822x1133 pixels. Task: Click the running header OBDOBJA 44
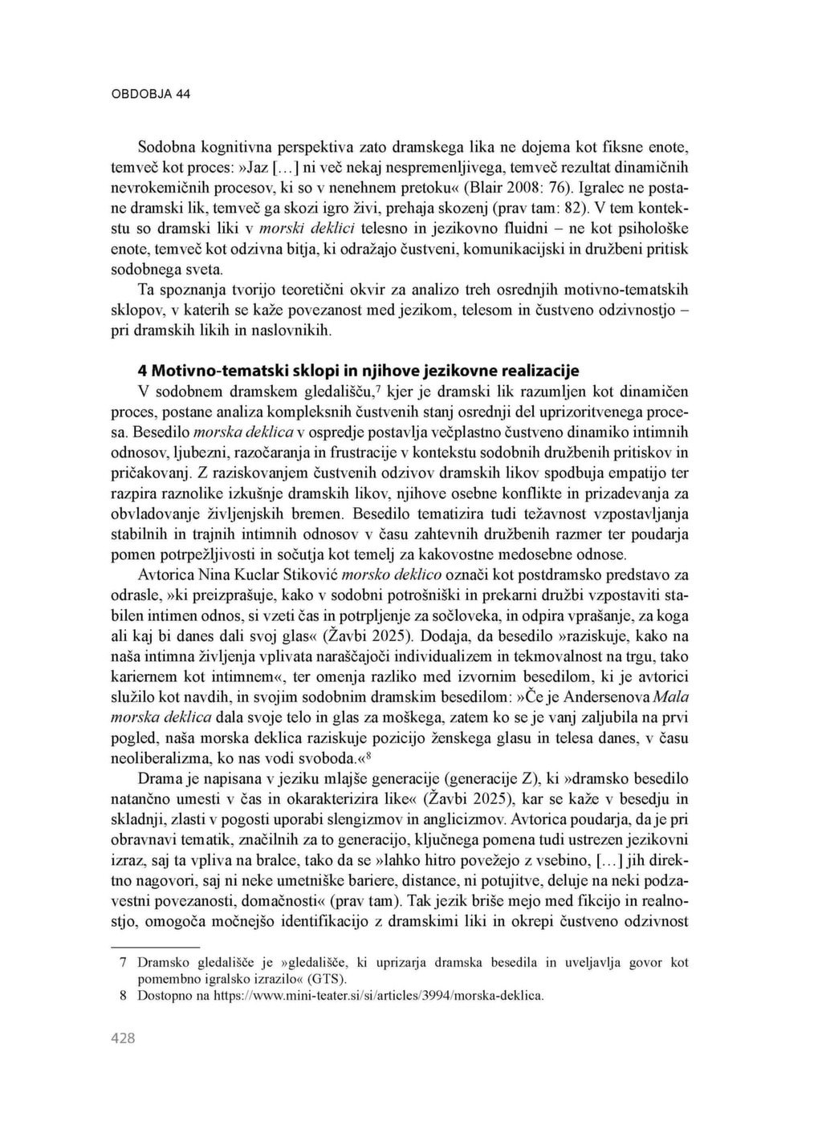[x=151, y=94]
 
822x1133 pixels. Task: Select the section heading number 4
[x=143, y=371]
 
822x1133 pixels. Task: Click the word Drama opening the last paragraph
[x=157, y=778]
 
